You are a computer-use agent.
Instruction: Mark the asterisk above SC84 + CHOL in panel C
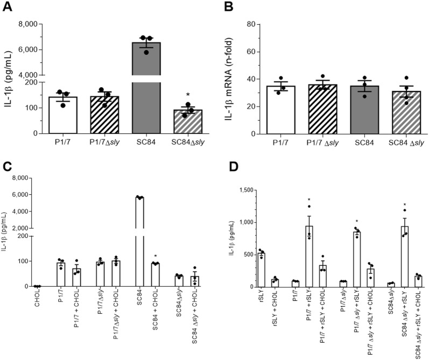(x=155, y=256)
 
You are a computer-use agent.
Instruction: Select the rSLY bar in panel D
(x=262, y=270)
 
